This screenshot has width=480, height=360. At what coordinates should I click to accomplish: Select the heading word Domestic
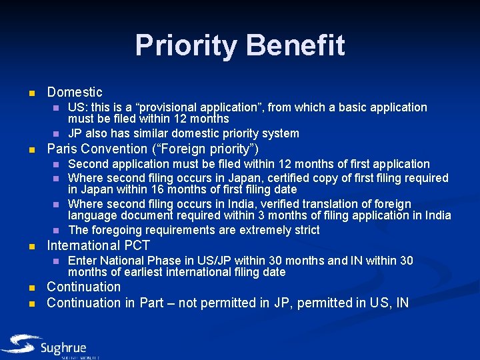(75, 93)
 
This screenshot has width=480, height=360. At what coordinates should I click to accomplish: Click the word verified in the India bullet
(328, 204)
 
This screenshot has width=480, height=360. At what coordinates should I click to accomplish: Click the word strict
(305, 230)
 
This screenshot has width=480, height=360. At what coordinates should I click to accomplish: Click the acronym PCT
(136, 245)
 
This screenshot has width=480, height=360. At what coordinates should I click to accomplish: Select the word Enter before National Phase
(83, 261)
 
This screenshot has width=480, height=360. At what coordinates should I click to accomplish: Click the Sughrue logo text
(63, 347)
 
